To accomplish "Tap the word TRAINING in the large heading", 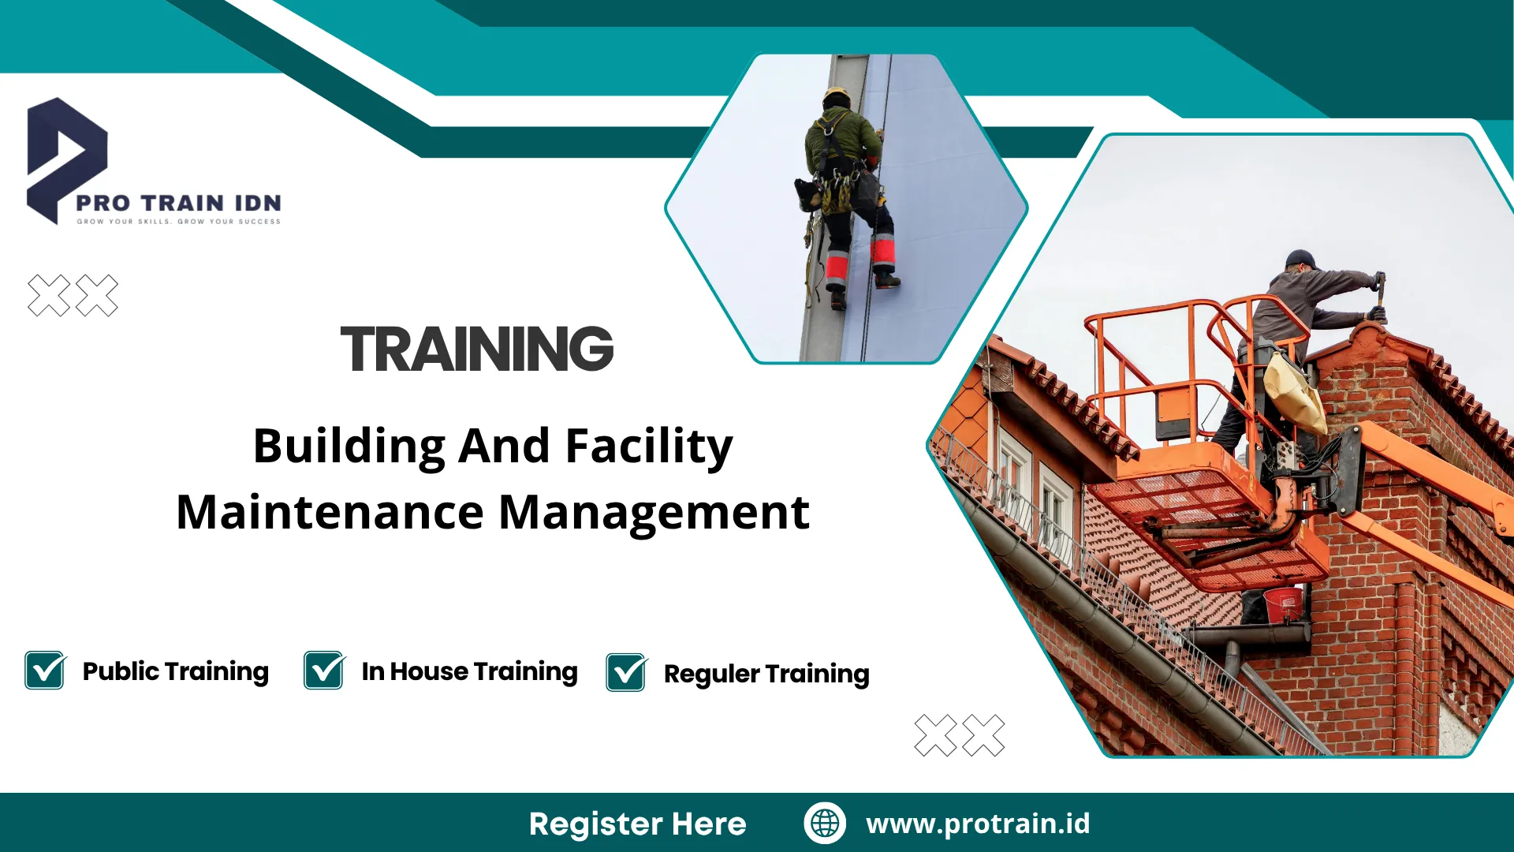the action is [x=477, y=349].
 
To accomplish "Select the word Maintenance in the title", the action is [x=330, y=512].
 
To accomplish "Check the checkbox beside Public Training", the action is [x=45, y=670].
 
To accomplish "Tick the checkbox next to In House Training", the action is [x=324, y=670].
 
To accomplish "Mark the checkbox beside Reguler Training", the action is [x=627, y=672].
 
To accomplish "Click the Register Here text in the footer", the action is [x=637, y=824].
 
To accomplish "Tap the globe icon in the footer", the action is [x=825, y=823].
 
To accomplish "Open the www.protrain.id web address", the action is [x=978, y=824].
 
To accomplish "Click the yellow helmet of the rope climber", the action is [x=837, y=96].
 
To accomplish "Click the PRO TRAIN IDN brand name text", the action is [x=178, y=203].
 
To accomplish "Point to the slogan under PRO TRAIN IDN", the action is [x=178, y=222].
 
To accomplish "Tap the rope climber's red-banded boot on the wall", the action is [x=884, y=260].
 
